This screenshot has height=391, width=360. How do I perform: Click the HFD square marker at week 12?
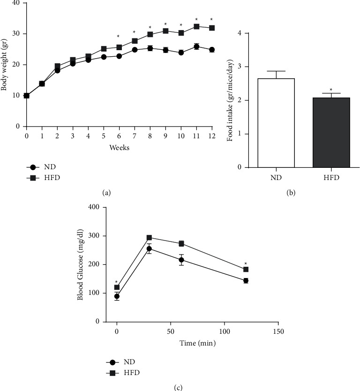212,28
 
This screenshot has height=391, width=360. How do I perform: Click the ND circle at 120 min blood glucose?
246,280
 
